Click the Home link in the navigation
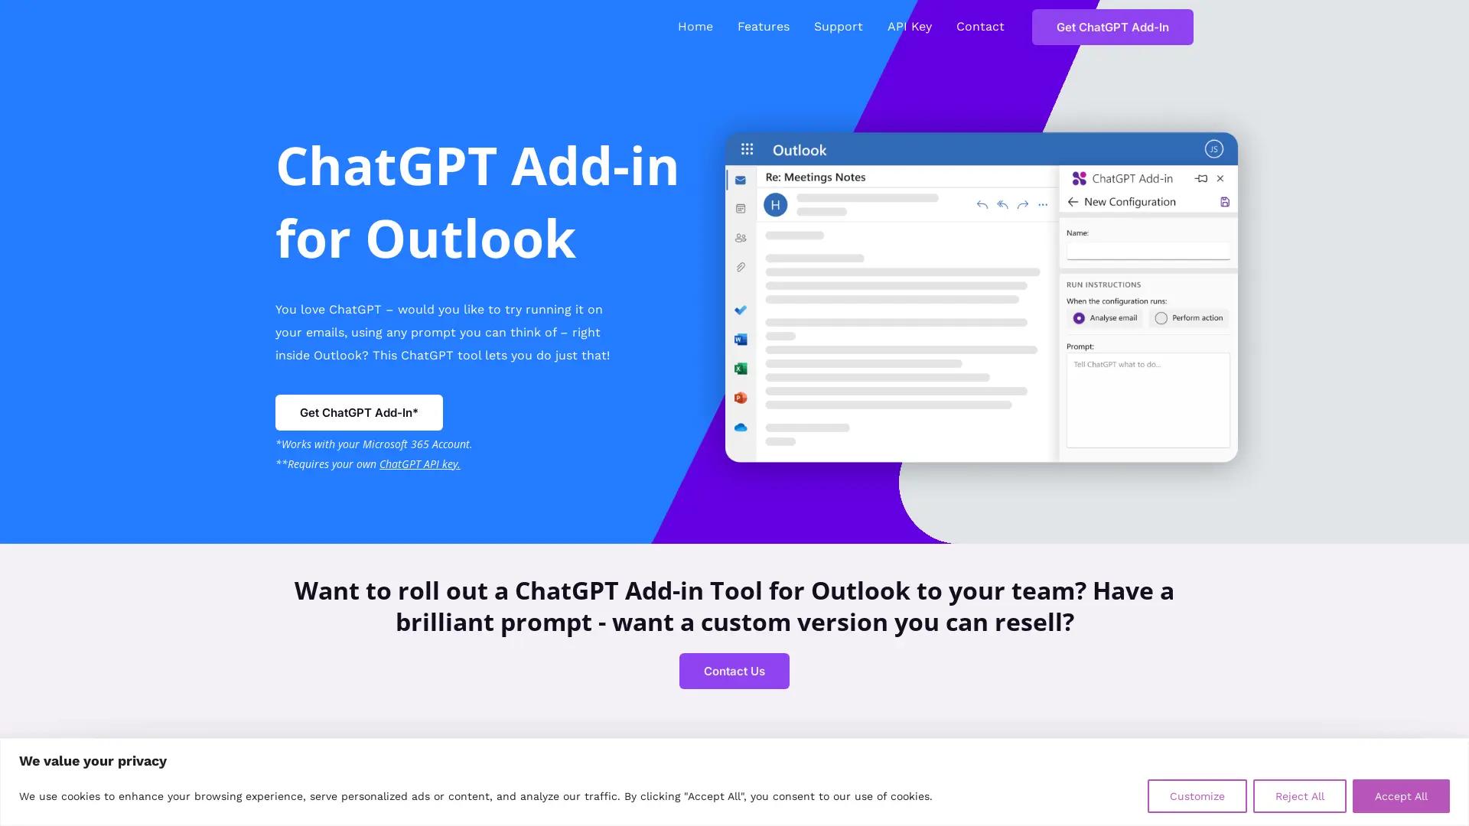pyautogui.click(x=695, y=27)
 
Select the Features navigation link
pyautogui.click(x=763, y=27)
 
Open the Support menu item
pyautogui.click(x=838, y=27)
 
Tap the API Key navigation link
pyautogui.click(x=909, y=27)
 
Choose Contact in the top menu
pyautogui.click(x=979, y=27)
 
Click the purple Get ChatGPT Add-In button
pyautogui.click(x=1112, y=28)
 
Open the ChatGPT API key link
pyautogui.click(x=419, y=464)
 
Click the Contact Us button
pyautogui.click(x=734, y=671)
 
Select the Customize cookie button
pyautogui.click(x=1197, y=796)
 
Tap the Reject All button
pyautogui.click(x=1299, y=796)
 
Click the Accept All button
pyautogui.click(x=1400, y=796)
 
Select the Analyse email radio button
pyautogui.click(x=1079, y=318)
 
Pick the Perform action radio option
pyautogui.click(x=1161, y=318)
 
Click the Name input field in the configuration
pyautogui.click(x=1148, y=251)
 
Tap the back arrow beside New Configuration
pyautogui.click(x=1073, y=202)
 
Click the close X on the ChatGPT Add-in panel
pyautogui.click(x=1220, y=179)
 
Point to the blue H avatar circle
pyautogui.click(x=775, y=205)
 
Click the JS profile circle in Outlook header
pyautogui.click(x=1213, y=149)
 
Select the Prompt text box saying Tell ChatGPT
pyautogui.click(x=1148, y=400)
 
